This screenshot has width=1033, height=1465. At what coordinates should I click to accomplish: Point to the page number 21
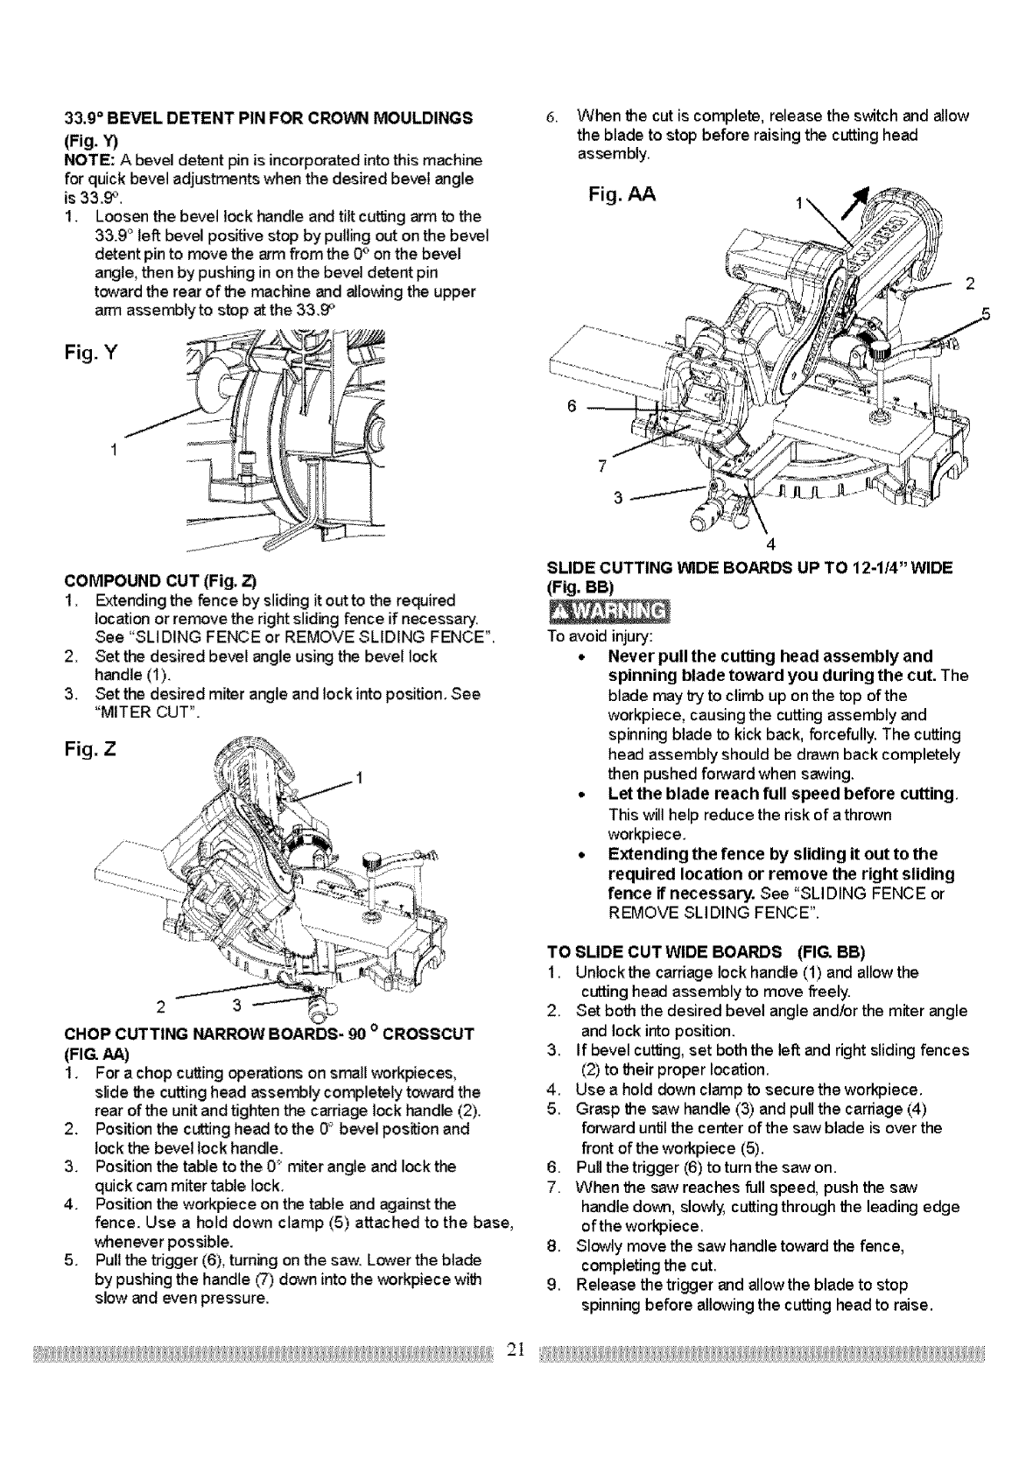(x=516, y=1349)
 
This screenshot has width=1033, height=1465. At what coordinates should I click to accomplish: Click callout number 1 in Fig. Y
(x=113, y=450)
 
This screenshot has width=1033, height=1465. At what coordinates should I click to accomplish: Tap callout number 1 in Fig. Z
(x=360, y=777)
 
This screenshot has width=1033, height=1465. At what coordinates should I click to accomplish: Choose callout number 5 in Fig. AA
(x=984, y=315)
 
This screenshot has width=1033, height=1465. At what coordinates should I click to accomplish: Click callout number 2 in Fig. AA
(x=969, y=283)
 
